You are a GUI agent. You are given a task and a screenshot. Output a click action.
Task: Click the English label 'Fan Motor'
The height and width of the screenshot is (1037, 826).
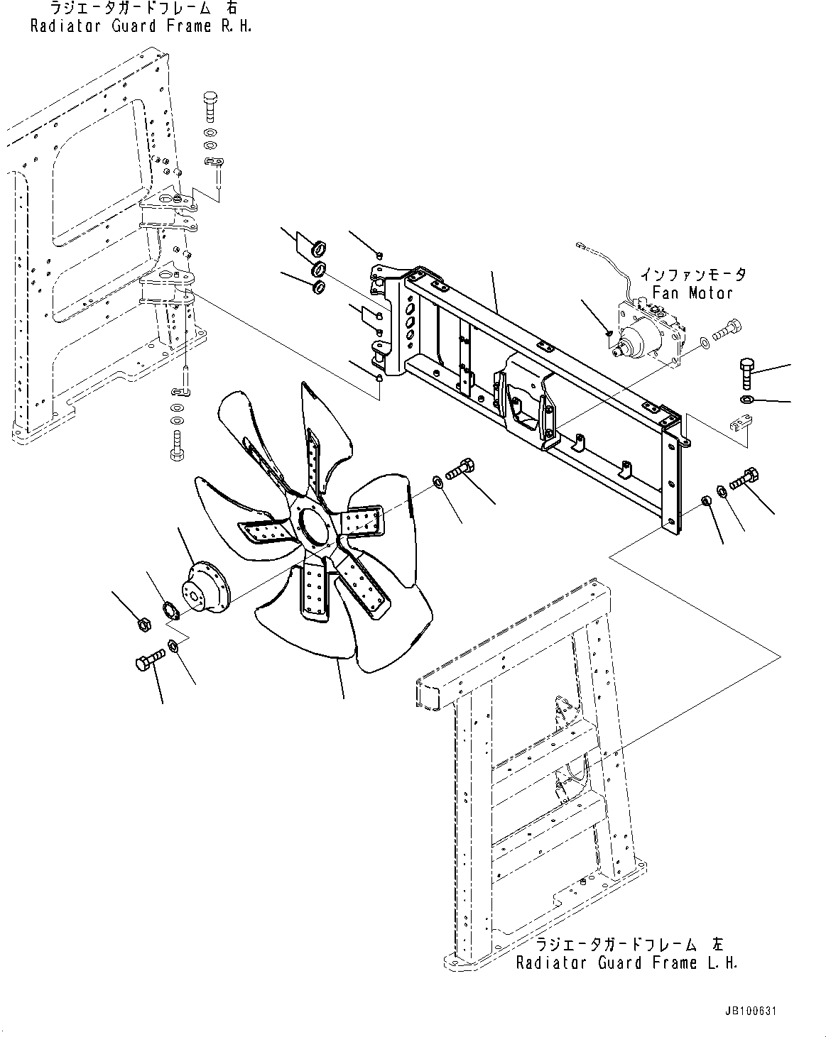(x=692, y=292)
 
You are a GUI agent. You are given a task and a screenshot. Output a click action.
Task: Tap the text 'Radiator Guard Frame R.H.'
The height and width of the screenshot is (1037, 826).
(x=141, y=27)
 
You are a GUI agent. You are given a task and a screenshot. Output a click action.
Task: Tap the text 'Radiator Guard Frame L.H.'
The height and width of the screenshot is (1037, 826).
(x=626, y=963)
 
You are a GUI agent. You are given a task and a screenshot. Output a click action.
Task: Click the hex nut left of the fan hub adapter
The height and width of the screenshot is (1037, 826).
(x=141, y=625)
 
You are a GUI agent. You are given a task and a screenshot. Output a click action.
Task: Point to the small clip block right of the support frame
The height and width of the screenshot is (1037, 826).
(x=739, y=424)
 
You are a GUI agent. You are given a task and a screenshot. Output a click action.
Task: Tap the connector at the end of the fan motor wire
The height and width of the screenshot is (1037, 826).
(x=580, y=246)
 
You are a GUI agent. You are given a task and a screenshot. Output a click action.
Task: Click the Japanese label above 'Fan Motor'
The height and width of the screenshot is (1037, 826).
(x=692, y=274)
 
